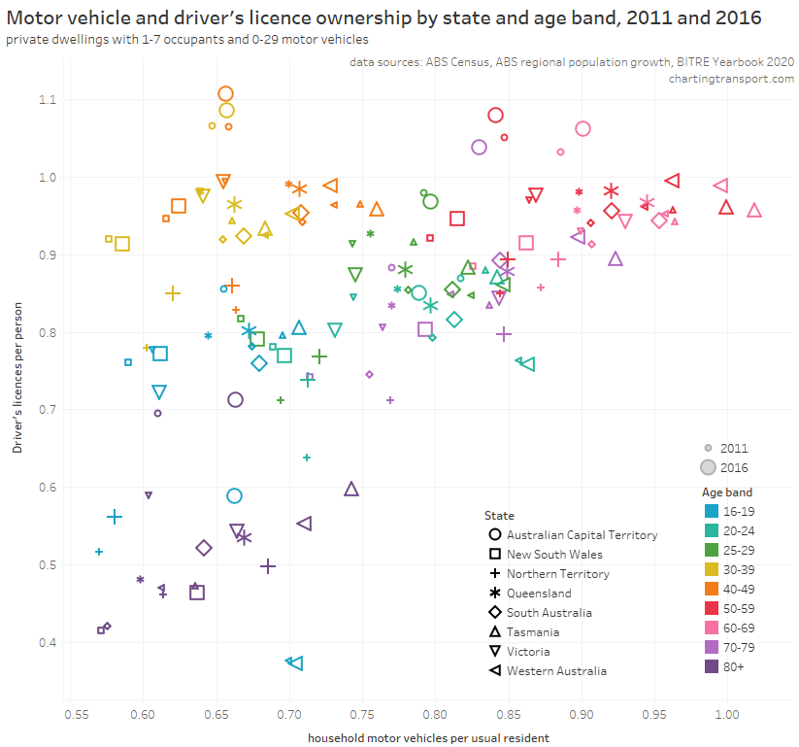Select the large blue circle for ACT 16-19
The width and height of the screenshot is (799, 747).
(x=234, y=495)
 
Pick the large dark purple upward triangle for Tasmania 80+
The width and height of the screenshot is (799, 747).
(x=351, y=489)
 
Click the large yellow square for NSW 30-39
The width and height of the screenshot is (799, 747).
(x=122, y=243)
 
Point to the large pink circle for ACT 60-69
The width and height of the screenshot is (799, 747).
(x=583, y=128)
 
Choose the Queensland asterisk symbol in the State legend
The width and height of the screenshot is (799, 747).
(x=495, y=593)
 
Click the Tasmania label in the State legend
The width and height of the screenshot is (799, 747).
(x=532, y=631)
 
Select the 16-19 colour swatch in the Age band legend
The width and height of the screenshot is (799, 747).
(x=711, y=510)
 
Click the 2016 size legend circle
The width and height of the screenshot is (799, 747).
(x=709, y=467)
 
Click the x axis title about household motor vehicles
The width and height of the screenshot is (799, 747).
(x=428, y=737)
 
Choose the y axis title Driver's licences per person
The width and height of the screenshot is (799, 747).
(x=17, y=374)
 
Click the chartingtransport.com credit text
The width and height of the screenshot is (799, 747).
(x=732, y=79)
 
